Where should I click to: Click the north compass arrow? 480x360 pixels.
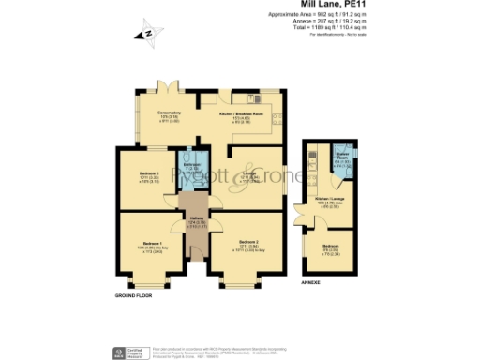(x=147, y=35)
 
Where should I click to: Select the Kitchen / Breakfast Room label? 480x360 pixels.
(x=239, y=113)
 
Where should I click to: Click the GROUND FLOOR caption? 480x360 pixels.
(x=133, y=296)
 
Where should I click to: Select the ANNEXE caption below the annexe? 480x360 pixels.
(x=312, y=281)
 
